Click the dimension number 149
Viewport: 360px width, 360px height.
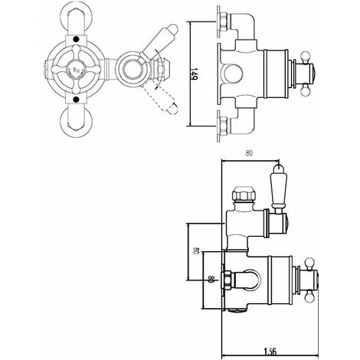coord(195,74)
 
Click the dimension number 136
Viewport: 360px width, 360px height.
coord(270,352)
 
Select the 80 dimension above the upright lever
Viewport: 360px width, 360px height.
coord(249,153)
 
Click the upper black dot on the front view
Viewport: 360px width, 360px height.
coord(76,39)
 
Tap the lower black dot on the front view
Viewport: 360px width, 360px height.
coord(76,99)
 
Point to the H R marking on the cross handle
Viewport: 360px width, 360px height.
coord(77,70)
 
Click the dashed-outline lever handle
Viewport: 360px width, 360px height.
coord(160,99)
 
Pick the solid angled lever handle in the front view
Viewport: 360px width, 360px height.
coord(159,44)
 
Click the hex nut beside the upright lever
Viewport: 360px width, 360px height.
coord(243,195)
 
